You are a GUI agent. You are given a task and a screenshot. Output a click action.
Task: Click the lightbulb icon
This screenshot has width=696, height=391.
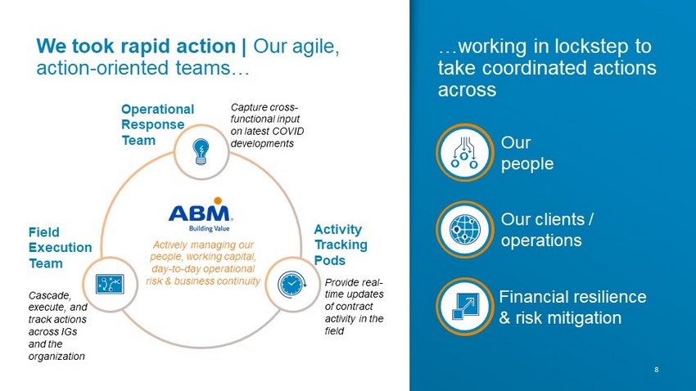(201, 151)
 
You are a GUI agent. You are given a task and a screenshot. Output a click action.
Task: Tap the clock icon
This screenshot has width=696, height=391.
(292, 284)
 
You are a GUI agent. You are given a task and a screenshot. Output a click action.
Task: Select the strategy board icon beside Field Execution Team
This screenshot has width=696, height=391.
(110, 284)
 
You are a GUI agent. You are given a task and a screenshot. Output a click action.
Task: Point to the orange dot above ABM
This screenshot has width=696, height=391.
(218, 201)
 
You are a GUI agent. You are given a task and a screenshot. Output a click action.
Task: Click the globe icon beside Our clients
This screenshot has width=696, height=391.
(465, 230)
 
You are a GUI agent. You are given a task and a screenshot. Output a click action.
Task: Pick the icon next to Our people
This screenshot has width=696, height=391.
(464, 152)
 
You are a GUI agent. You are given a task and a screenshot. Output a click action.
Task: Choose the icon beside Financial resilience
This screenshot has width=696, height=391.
(465, 306)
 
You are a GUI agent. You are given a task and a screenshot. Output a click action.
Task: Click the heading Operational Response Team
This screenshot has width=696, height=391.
(157, 124)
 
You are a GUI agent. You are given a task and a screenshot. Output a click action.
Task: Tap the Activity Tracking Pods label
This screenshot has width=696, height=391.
(341, 245)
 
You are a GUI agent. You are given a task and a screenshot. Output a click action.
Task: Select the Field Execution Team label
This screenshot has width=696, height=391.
(60, 247)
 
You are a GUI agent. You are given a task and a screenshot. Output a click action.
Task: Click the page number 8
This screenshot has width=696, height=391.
(657, 369)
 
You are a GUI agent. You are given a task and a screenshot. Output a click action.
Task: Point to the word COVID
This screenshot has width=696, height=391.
(288, 131)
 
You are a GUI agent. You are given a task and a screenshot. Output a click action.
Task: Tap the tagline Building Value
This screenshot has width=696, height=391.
(209, 228)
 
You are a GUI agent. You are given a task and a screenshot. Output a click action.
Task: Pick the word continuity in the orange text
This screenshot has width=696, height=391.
(239, 281)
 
